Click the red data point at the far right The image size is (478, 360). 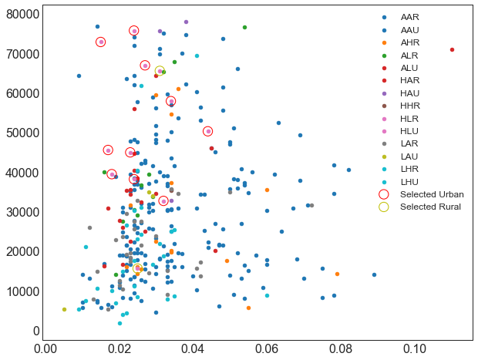(x=452, y=49)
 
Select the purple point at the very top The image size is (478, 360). (x=186, y=22)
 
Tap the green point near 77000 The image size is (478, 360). (x=244, y=28)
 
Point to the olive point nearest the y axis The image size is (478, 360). (x=64, y=309)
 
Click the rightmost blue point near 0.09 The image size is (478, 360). (x=374, y=274)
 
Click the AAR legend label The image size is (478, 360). (x=410, y=17)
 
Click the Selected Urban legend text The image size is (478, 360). (x=432, y=194)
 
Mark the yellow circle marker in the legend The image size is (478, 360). (x=384, y=207)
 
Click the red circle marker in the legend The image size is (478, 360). (x=384, y=194)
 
